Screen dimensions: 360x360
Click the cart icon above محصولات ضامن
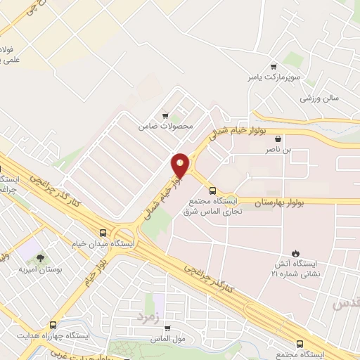pyautogui.click(x=165, y=116)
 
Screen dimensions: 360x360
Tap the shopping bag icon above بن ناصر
pyautogui.click(x=278, y=139)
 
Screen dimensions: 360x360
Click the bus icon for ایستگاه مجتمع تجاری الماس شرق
pyautogui.click(x=212, y=190)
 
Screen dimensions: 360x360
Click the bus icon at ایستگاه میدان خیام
pyautogui.click(x=103, y=232)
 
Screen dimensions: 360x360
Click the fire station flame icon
pyautogui.click(x=295, y=253)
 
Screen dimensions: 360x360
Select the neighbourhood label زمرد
pyautogui.click(x=148, y=316)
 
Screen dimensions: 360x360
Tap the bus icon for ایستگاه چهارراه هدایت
pyautogui.click(x=53, y=326)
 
